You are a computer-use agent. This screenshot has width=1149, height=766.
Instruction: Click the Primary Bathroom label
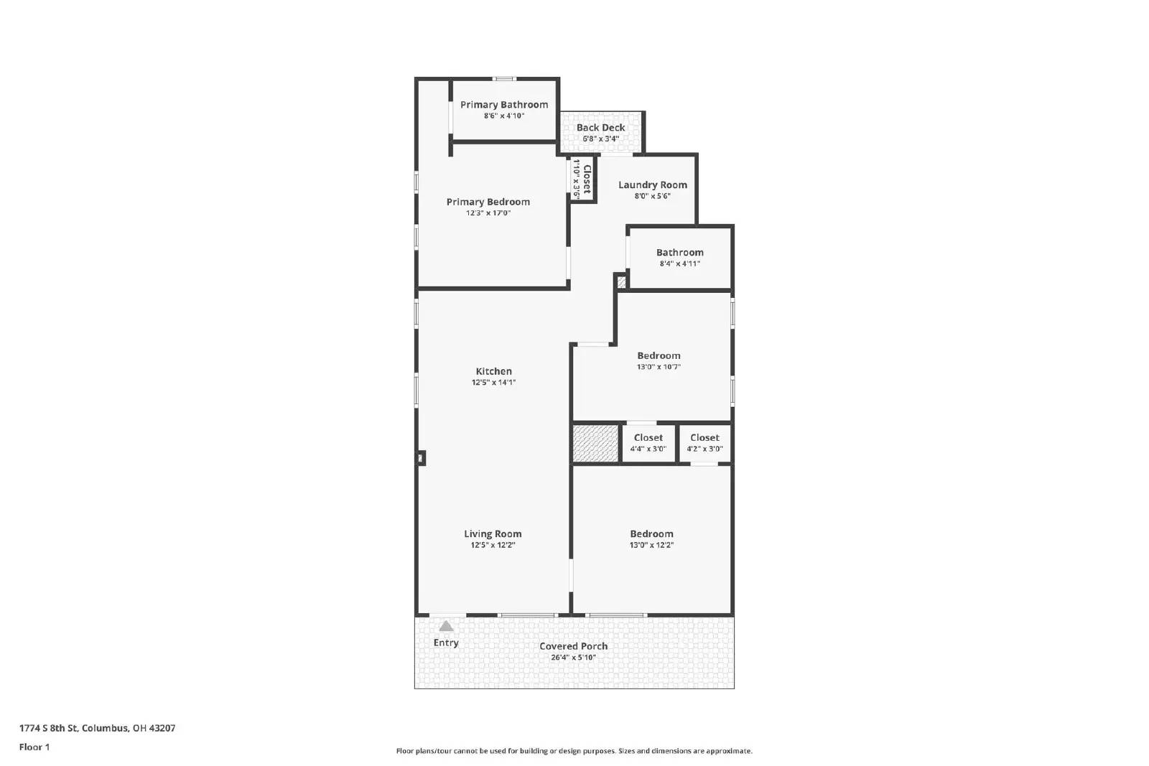coord(503,105)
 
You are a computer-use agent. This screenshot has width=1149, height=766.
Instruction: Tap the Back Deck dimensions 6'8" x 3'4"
coord(600,139)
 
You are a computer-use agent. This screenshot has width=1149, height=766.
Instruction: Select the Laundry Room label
coord(652,185)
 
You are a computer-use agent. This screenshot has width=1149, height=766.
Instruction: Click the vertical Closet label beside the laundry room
coord(587,179)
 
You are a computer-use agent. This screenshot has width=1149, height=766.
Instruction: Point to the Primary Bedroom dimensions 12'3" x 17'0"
coord(488,213)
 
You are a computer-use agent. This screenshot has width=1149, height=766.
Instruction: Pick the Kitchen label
coord(493,371)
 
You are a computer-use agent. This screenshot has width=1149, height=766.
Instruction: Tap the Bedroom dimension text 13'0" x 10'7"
coord(658,367)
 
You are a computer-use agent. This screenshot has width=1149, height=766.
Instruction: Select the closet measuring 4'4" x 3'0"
coord(648,443)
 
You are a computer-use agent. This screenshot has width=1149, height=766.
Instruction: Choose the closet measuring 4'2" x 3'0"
coord(704,443)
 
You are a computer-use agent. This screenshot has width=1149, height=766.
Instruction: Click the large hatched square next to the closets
coord(595,443)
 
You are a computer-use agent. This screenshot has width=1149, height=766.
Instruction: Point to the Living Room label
coord(493,533)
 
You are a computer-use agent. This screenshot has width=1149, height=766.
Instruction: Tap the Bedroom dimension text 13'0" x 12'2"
coord(651,545)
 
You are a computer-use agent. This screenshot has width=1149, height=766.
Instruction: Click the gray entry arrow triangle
coord(446,626)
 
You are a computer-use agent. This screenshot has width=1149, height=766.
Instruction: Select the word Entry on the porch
coord(446,643)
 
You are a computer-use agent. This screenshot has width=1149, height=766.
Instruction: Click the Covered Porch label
coord(573,646)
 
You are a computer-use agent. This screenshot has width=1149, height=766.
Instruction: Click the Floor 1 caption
coord(34,747)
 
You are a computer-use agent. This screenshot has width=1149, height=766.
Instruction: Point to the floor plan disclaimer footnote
coord(574,751)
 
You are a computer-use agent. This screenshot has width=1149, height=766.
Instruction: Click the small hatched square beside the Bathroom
coord(621,282)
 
